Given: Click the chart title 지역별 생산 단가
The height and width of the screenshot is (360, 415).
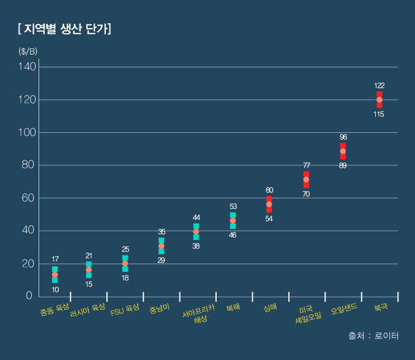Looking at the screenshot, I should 64,28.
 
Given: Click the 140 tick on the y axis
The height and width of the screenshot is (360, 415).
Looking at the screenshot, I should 28,66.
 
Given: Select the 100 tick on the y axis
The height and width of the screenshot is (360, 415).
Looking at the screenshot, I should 28,132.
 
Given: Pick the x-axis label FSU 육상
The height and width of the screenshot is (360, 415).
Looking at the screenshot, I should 125,309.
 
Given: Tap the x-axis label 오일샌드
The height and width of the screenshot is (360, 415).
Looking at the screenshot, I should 343,309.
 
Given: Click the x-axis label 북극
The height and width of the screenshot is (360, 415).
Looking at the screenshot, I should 380,307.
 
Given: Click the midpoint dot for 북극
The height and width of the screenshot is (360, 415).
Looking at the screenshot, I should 379,100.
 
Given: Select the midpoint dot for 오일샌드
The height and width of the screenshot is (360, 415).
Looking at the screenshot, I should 343,151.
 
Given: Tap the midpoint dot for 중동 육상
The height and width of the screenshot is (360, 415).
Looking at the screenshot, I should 55,275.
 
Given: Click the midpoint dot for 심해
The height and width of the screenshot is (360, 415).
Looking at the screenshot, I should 269,204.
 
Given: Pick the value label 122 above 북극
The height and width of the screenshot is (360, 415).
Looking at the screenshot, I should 379,86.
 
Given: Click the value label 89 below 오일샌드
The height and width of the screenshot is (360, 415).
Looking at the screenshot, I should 343,166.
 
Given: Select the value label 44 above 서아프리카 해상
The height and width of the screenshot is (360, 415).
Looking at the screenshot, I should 196,217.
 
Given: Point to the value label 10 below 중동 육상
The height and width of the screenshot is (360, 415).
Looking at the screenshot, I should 55,290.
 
